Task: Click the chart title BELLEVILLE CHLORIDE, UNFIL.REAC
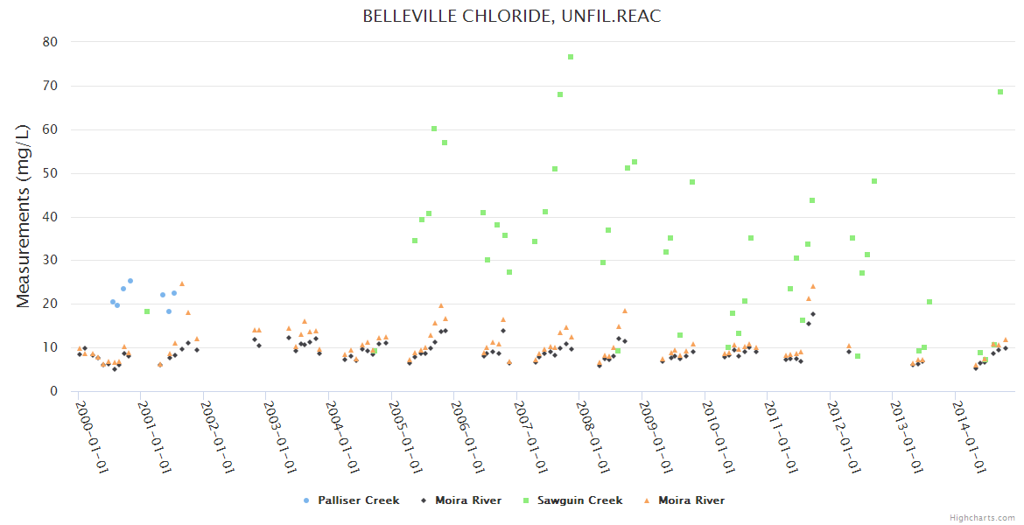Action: [512, 17]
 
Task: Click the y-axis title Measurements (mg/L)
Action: [24, 215]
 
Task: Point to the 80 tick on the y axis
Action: [51, 42]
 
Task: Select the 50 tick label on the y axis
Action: [51, 173]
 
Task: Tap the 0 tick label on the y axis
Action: [54, 391]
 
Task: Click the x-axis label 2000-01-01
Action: [91, 437]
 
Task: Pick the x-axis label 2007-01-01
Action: [531, 437]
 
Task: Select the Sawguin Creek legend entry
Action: [579, 500]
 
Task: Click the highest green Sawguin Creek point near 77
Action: [571, 57]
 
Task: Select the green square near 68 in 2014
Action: [1000, 92]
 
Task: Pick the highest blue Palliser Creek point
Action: [130, 281]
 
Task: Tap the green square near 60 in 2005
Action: [434, 129]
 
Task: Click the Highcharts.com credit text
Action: [983, 518]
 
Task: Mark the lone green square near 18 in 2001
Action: [147, 311]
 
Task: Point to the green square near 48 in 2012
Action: [873, 181]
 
